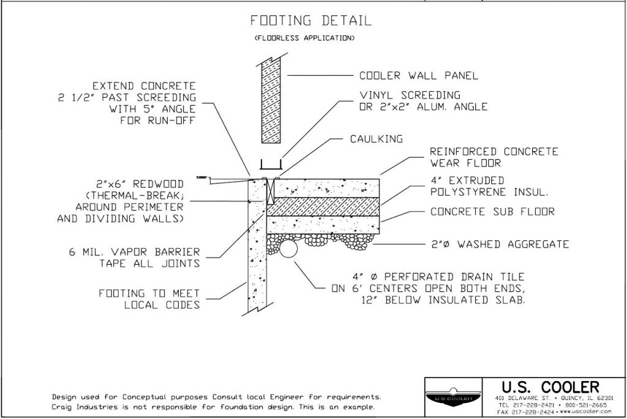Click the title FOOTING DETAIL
[311, 21]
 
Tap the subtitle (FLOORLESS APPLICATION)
[304, 39]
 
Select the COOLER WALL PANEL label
[418, 76]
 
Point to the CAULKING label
[375, 139]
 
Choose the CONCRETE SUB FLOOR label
[493, 212]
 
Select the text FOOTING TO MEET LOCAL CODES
[149, 299]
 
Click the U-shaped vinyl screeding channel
[271, 165]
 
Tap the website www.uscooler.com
[580, 412]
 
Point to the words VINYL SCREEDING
[410, 95]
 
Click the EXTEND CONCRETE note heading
[145, 86]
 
